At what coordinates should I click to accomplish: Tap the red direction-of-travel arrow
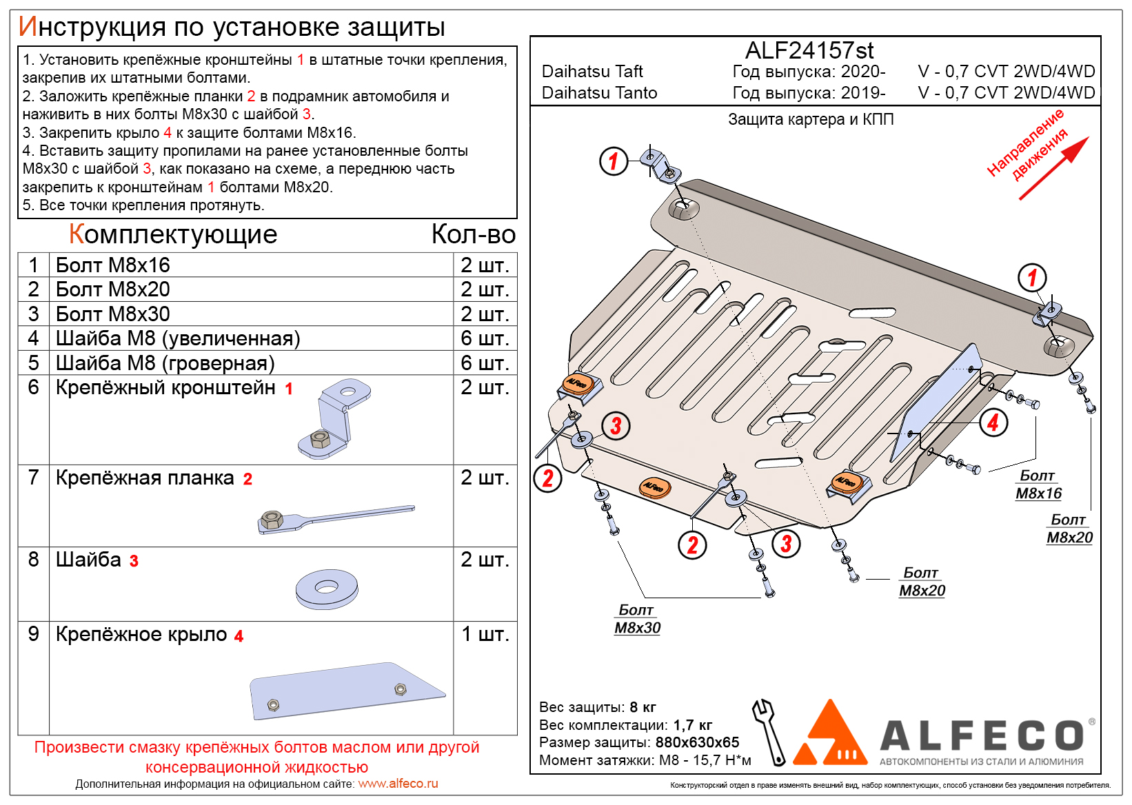[x=1053, y=170]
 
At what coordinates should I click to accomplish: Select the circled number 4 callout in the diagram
[x=993, y=422]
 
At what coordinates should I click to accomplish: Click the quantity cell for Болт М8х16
[x=485, y=265]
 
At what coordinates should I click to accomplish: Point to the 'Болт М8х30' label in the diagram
[x=637, y=619]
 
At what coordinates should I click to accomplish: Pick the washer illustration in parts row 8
[x=326, y=588]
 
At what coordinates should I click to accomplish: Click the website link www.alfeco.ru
[x=398, y=784]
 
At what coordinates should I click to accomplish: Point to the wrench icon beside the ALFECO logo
[x=769, y=731]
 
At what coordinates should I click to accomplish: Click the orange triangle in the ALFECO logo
[x=830, y=733]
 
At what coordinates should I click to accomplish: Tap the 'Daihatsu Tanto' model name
[x=599, y=93]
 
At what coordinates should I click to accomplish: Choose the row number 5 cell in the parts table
[x=34, y=363]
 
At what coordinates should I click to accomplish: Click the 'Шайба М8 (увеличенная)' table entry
[x=178, y=338]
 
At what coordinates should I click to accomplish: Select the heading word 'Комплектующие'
[x=173, y=235]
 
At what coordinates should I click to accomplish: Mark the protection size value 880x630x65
[x=697, y=742]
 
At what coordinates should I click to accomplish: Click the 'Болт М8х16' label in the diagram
[x=1038, y=485]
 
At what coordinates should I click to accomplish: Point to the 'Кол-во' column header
[x=473, y=235]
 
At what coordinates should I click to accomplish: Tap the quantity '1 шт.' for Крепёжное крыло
[x=485, y=634]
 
